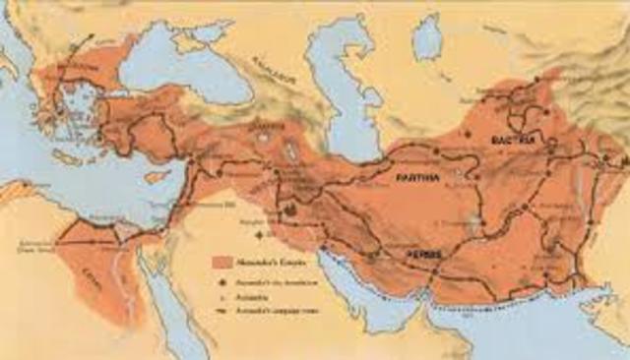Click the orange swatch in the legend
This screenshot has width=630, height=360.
220,263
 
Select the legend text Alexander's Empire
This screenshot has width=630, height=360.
264,263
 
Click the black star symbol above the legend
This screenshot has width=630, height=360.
259,237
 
